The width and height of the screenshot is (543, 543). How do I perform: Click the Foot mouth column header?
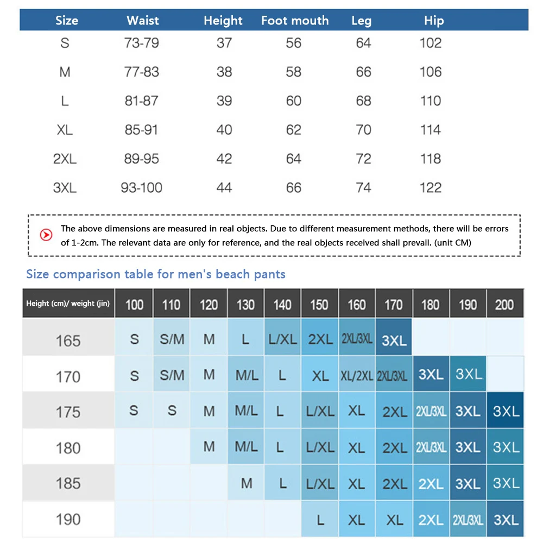(295, 21)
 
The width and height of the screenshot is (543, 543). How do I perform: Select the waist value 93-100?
(142, 188)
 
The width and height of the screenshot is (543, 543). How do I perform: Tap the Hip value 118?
(431, 159)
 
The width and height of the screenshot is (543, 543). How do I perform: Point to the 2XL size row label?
(65, 159)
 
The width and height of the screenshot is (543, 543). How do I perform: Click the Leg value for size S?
(363, 43)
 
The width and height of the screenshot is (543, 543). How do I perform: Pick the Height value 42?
(224, 159)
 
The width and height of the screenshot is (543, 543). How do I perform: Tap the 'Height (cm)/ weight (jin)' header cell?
(68, 304)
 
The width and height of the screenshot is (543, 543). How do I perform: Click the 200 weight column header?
(504, 304)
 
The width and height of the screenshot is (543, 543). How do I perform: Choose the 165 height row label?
(68, 340)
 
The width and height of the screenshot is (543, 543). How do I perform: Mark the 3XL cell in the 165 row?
(394, 340)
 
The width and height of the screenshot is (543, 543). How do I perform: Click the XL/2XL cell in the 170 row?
(356, 376)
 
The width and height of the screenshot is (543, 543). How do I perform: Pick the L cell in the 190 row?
(320, 520)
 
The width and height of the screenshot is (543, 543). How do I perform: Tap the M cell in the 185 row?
(246, 483)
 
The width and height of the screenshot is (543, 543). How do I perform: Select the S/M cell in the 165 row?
(172, 339)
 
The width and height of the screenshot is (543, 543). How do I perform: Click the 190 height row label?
(68, 519)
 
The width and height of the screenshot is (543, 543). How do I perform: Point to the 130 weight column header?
(245, 304)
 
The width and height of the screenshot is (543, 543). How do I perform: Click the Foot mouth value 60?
(294, 101)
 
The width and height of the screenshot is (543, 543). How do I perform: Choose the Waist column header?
(143, 21)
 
